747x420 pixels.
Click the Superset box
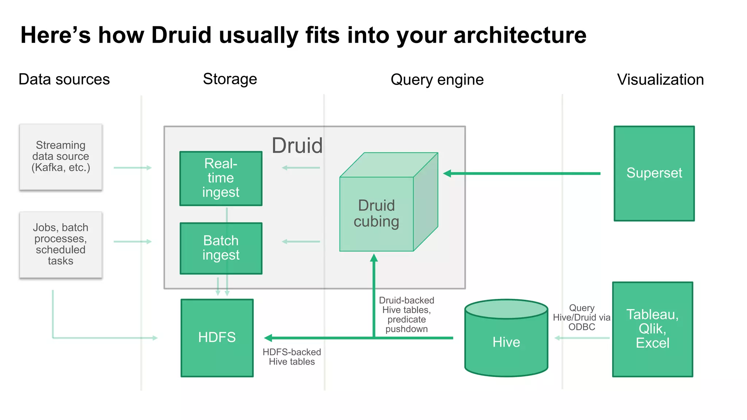(654, 173)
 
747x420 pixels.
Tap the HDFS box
(217, 338)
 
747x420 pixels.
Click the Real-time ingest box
(221, 178)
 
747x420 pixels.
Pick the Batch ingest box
(221, 248)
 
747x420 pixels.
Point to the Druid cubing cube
(377, 214)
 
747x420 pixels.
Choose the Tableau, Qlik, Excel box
(652, 329)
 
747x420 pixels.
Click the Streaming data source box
(61, 157)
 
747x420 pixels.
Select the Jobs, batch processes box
(61, 244)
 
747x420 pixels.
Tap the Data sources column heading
(64, 79)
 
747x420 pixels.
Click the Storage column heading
(230, 79)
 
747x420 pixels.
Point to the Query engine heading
(437, 80)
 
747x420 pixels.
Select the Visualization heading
(660, 79)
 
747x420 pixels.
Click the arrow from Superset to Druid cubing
(522, 174)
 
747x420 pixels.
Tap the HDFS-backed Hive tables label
(292, 357)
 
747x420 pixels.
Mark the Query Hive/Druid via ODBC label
(581, 318)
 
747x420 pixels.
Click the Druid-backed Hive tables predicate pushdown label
(406, 314)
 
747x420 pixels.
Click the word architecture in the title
(520, 35)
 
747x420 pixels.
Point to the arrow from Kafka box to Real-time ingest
(132, 168)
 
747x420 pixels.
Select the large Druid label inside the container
(297, 145)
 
